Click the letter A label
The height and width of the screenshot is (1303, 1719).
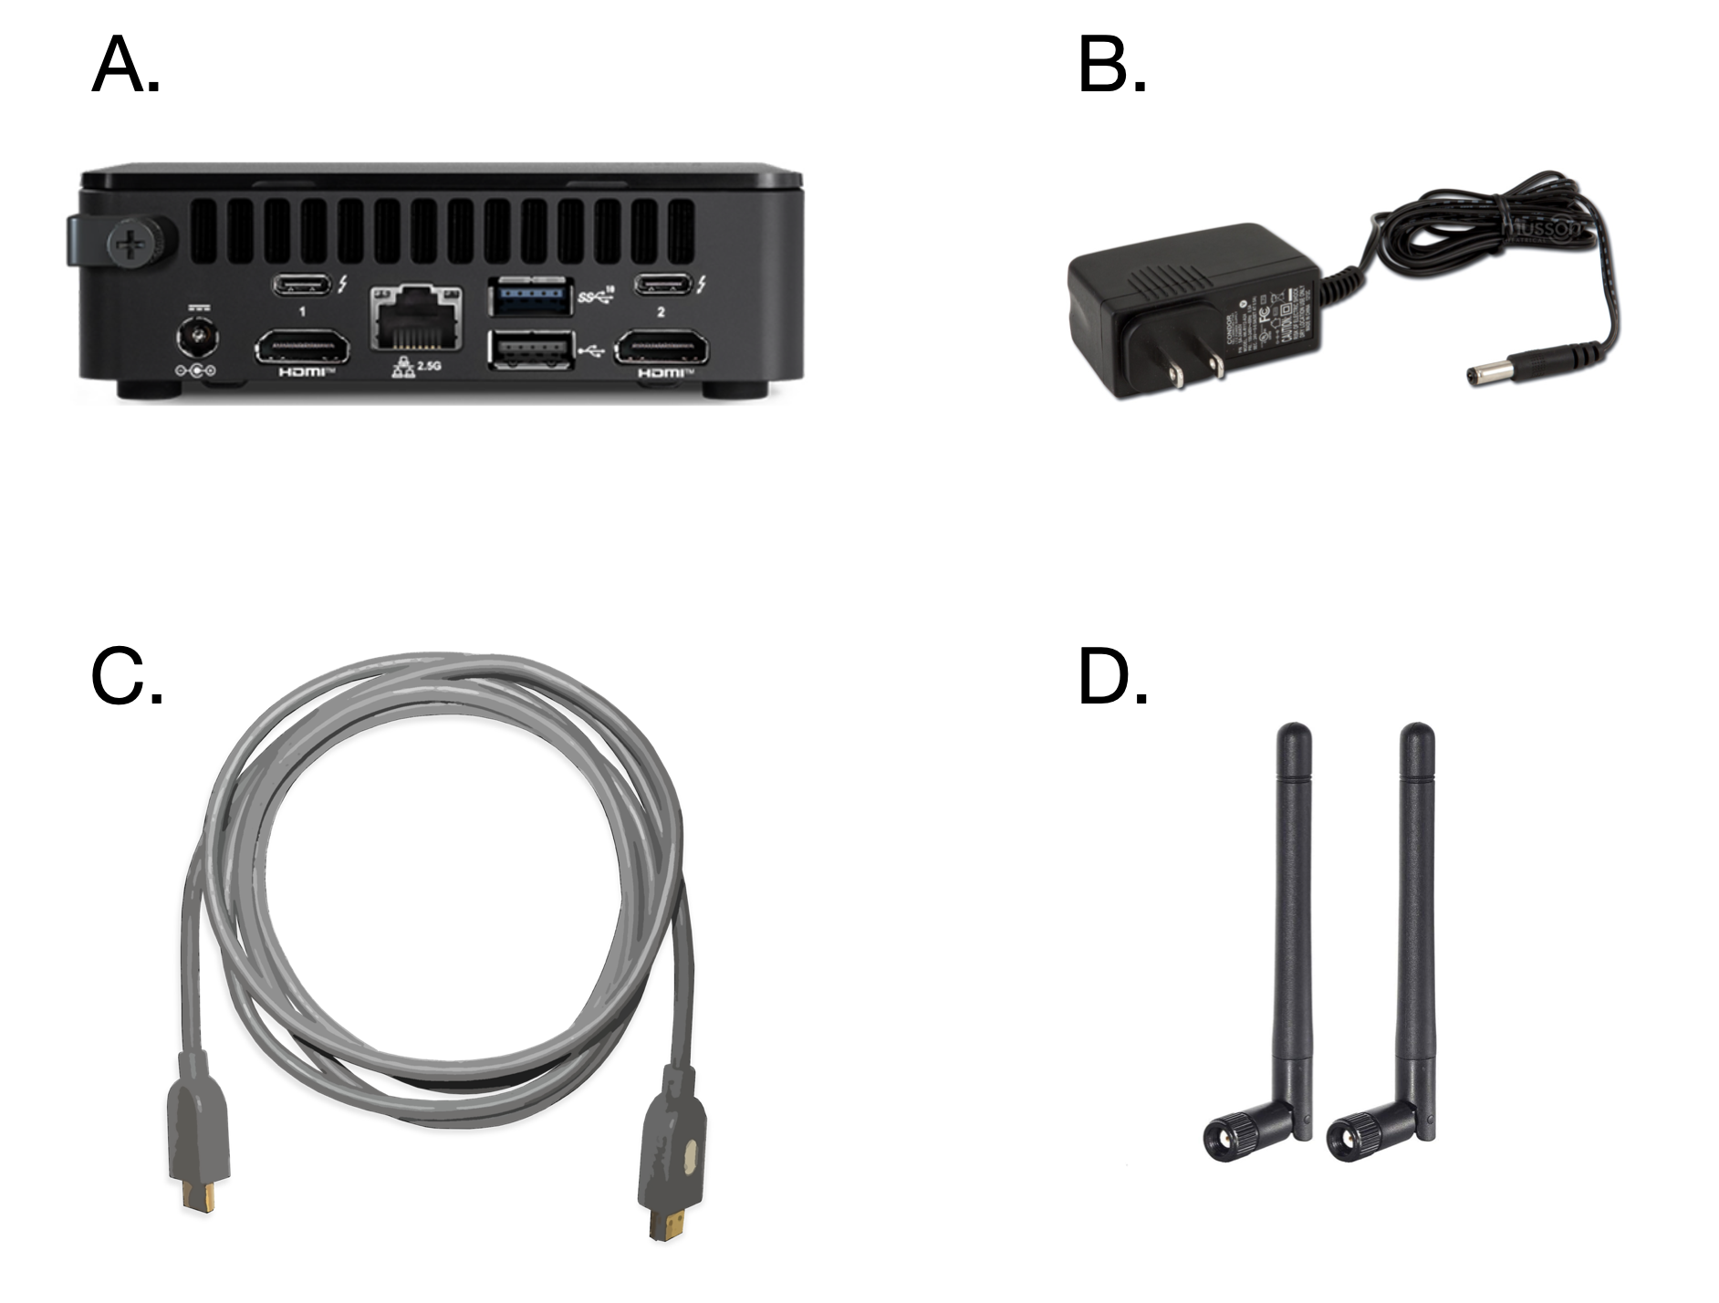click(125, 66)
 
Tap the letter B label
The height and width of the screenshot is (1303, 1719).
click(1111, 66)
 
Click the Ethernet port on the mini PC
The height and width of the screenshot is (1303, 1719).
click(416, 317)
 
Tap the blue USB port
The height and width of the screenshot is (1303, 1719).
click(531, 296)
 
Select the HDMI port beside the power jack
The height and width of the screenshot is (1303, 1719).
click(302, 349)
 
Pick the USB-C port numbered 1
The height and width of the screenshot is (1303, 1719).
click(302, 284)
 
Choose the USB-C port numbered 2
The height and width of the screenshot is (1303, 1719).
click(663, 284)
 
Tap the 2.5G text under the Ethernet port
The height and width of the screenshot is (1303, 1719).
click(428, 366)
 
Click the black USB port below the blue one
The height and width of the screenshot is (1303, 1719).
click(531, 349)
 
